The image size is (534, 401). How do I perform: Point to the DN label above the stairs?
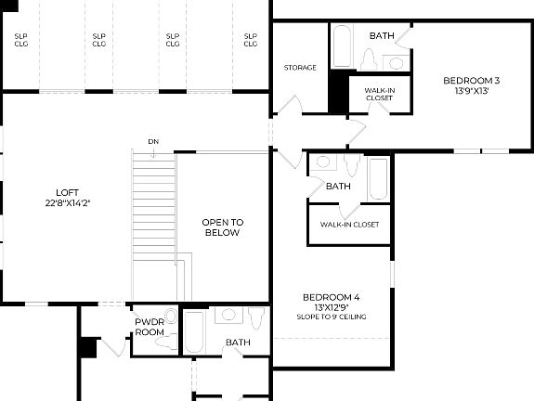152,141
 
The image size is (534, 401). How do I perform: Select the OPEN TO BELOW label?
223,227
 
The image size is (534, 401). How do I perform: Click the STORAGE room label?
300,67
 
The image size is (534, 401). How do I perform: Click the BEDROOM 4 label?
331,297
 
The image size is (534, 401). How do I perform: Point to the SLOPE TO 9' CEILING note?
331,317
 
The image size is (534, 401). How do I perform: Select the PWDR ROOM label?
150,327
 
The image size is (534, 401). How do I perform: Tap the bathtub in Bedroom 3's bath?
340,46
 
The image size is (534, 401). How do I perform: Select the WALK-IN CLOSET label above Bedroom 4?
349,224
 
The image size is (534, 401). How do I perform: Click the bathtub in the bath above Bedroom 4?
378,178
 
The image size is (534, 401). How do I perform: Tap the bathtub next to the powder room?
195,331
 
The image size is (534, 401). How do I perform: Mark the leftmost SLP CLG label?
20,39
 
